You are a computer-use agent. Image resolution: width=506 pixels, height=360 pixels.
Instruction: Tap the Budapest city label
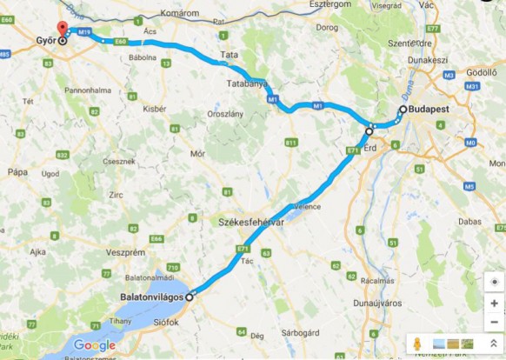pos(431,110)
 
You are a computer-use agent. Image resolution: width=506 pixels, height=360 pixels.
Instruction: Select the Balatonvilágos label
pos(151,296)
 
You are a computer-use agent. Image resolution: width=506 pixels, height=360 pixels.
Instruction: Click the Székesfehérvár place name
pos(252,223)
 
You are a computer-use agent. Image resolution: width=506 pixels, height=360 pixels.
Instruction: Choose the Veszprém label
pos(124,251)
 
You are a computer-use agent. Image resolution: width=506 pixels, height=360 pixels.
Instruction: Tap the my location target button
pos(494,282)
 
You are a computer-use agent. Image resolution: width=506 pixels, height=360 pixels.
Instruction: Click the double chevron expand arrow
pos(494,344)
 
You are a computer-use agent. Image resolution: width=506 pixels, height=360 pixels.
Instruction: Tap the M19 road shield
pos(84,32)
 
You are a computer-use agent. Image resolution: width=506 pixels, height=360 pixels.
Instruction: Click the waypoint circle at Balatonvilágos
pos(190,295)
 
